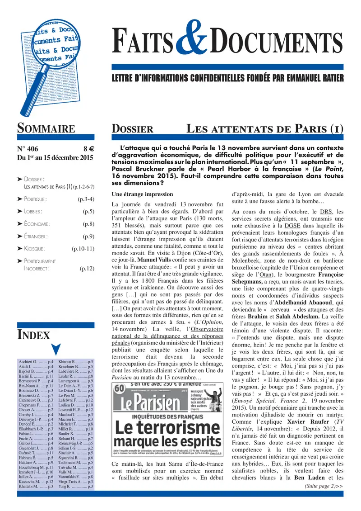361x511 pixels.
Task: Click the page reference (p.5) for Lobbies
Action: click(88, 211)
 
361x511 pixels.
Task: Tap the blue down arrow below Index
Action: click(56, 349)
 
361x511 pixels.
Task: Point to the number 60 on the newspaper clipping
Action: click(119, 388)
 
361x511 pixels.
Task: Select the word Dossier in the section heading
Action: click(132, 129)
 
